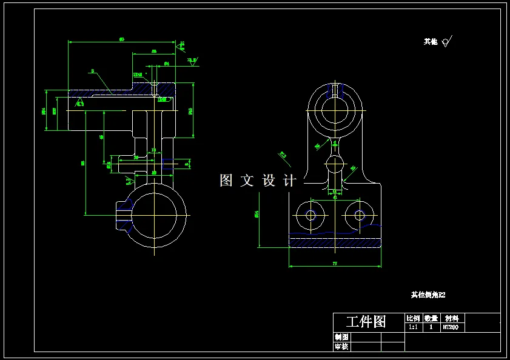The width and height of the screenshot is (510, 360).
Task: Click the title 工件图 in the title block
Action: pos(366,321)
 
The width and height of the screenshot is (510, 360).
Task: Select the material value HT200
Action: pos(450,327)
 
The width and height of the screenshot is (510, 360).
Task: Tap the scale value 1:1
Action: pos(413,327)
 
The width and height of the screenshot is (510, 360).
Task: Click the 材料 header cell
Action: pos(452,318)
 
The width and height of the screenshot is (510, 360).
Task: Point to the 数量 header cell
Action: pos(431,318)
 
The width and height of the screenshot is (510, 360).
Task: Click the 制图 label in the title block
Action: pos(341,337)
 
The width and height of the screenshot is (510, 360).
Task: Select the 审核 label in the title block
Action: pos(341,347)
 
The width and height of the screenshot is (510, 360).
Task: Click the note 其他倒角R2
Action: pos(428,295)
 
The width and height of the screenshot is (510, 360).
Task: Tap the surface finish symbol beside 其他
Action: pos(447,41)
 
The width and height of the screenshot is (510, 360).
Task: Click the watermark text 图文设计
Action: pos(258,181)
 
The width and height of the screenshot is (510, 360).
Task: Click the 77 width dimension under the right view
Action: pos(335,264)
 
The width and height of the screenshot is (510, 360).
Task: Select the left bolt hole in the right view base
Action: pos(311,215)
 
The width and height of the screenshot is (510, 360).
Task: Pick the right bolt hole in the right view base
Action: pos(360,215)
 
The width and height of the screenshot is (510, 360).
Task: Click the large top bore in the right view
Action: pos(335,111)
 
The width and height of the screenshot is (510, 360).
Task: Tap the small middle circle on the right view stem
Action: pos(335,164)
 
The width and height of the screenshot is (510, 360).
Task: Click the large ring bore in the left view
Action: pos(155,215)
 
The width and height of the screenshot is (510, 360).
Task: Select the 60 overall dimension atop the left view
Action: pos(122,39)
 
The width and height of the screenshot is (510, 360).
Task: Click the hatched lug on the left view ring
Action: pos(124,215)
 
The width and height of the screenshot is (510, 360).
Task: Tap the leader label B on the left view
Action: pos(92,71)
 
